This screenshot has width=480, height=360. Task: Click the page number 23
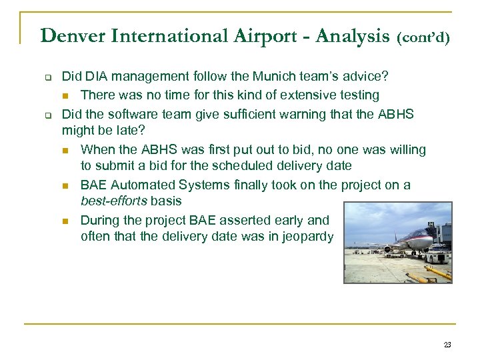point(447,345)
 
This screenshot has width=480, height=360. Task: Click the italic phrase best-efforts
point(109,201)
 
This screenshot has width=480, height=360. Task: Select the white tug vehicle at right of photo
point(437,255)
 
